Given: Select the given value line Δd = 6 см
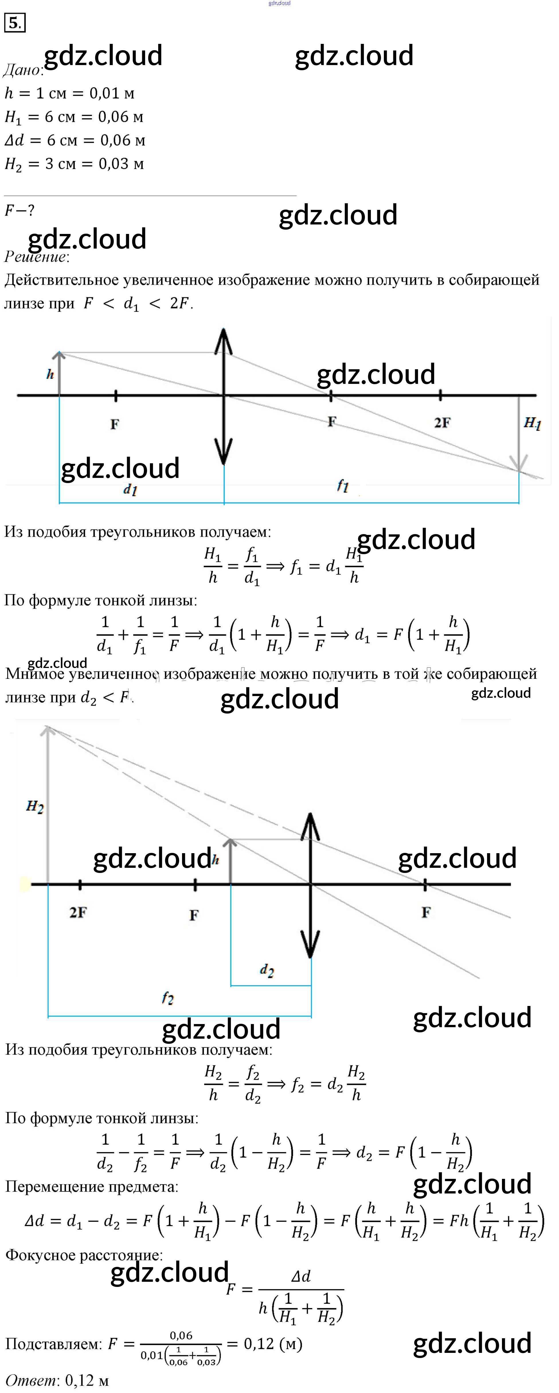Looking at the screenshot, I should tap(75, 140).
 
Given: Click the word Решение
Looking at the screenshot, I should tap(36, 257).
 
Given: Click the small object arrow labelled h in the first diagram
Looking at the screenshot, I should tap(59, 373).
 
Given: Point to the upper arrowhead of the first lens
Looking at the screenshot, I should tap(223, 341).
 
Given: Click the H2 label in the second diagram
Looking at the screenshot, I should tap(35, 807).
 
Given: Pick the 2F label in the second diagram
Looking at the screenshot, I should tap(78, 913).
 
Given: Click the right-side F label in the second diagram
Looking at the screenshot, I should tap(426, 913).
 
